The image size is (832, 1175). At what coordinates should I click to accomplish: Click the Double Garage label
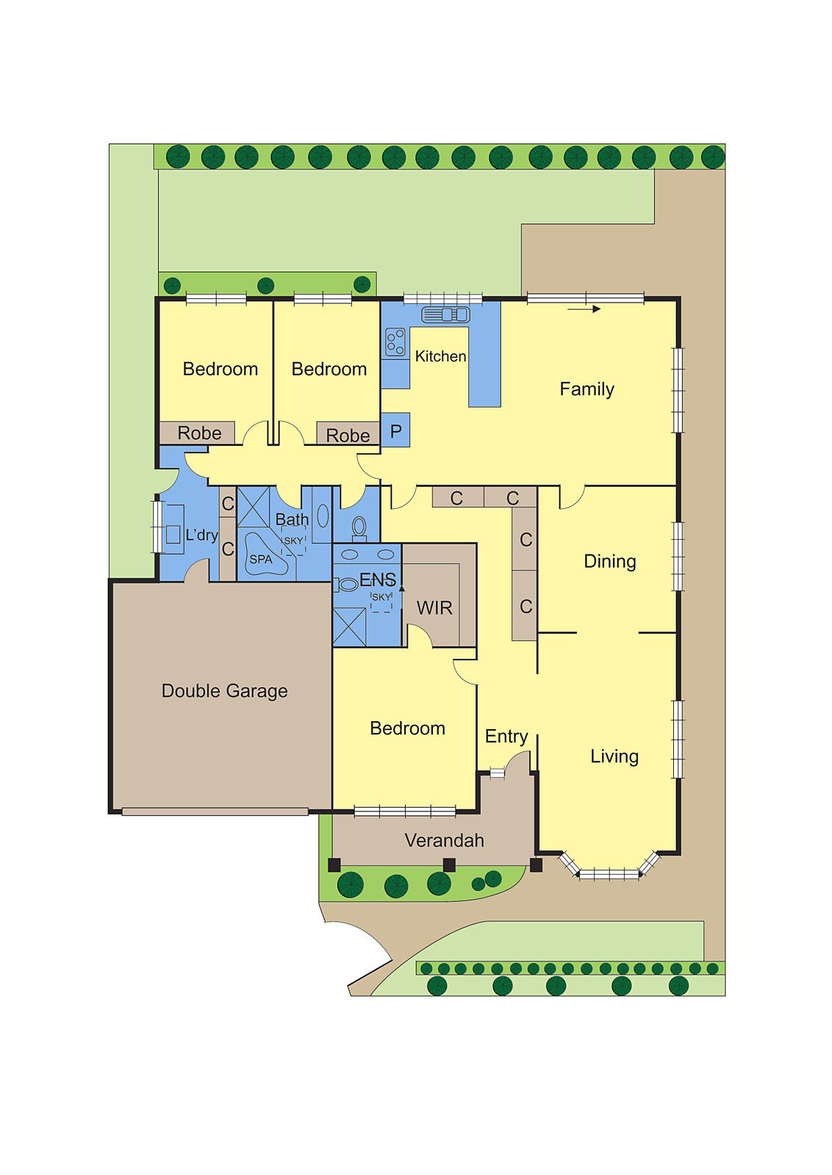click(x=224, y=691)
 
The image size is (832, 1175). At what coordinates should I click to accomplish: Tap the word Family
click(x=587, y=389)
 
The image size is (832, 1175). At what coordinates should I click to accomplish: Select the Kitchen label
click(x=440, y=356)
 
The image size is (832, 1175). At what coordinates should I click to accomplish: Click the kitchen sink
click(x=445, y=314)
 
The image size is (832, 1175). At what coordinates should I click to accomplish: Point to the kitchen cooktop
click(x=396, y=342)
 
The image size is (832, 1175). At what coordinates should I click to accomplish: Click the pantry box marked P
click(x=395, y=430)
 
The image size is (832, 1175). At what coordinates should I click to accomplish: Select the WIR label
click(x=434, y=608)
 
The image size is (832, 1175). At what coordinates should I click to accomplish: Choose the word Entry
click(x=506, y=737)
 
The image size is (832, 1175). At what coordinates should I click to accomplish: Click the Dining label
click(x=610, y=562)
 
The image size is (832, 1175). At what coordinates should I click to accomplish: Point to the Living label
click(x=614, y=756)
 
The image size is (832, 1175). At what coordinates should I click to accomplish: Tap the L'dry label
click(x=201, y=535)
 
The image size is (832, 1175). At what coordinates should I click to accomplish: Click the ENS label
click(x=378, y=579)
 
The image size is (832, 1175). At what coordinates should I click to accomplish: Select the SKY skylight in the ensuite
click(x=381, y=601)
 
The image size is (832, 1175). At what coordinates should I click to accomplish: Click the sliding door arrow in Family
click(x=584, y=309)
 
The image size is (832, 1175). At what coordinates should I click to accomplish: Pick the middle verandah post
click(x=449, y=865)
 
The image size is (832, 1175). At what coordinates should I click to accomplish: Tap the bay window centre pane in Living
click(x=609, y=874)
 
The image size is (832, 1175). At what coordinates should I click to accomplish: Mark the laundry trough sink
click(x=173, y=535)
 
